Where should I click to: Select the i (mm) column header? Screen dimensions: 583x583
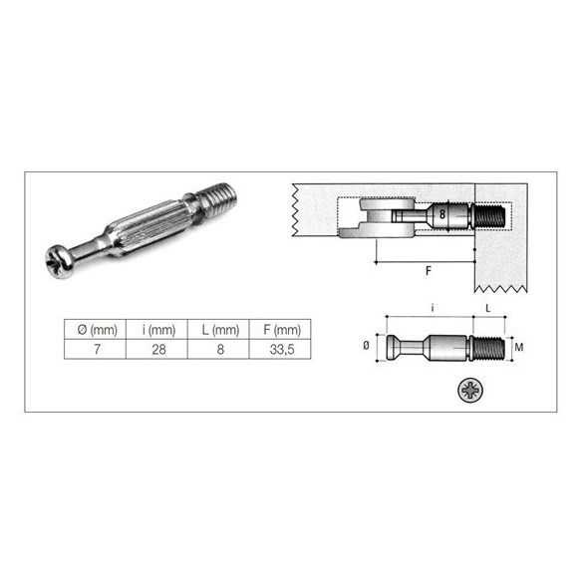click(x=158, y=329)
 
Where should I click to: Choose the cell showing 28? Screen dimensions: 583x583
click(x=158, y=349)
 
